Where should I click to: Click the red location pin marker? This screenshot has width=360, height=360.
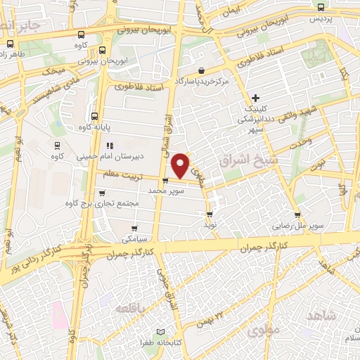(x=181, y=165)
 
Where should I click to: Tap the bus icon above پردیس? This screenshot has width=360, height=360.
(x=321, y=7)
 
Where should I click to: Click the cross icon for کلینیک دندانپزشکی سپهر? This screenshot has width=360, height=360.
(x=255, y=97)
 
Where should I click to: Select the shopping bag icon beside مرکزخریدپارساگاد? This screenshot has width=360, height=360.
(x=202, y=71)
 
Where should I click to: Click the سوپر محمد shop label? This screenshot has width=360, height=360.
(x=166, y=191)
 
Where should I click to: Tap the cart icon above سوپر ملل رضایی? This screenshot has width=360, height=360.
(x=297, y=217)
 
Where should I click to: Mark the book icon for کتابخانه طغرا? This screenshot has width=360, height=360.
(x=160, y=332)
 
